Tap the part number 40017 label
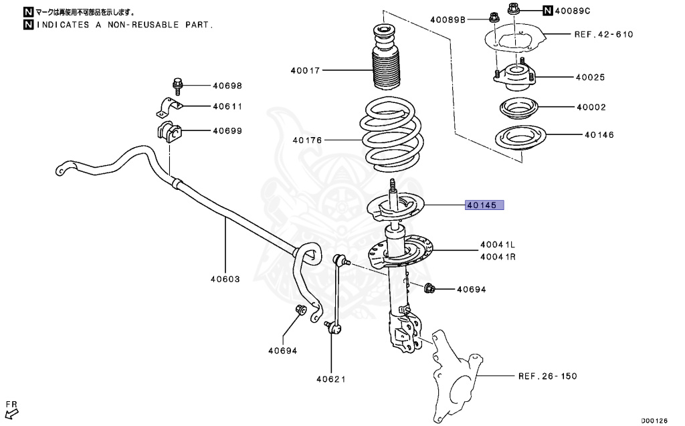pos(305,70)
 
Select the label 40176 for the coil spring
pos(307,140)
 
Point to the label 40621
pos(331,380)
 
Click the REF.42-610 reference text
pos(603,34)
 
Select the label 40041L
pos(497,245)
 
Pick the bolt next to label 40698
pos(177,85)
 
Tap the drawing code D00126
pos(654,421)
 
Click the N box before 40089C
pos(548,11)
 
